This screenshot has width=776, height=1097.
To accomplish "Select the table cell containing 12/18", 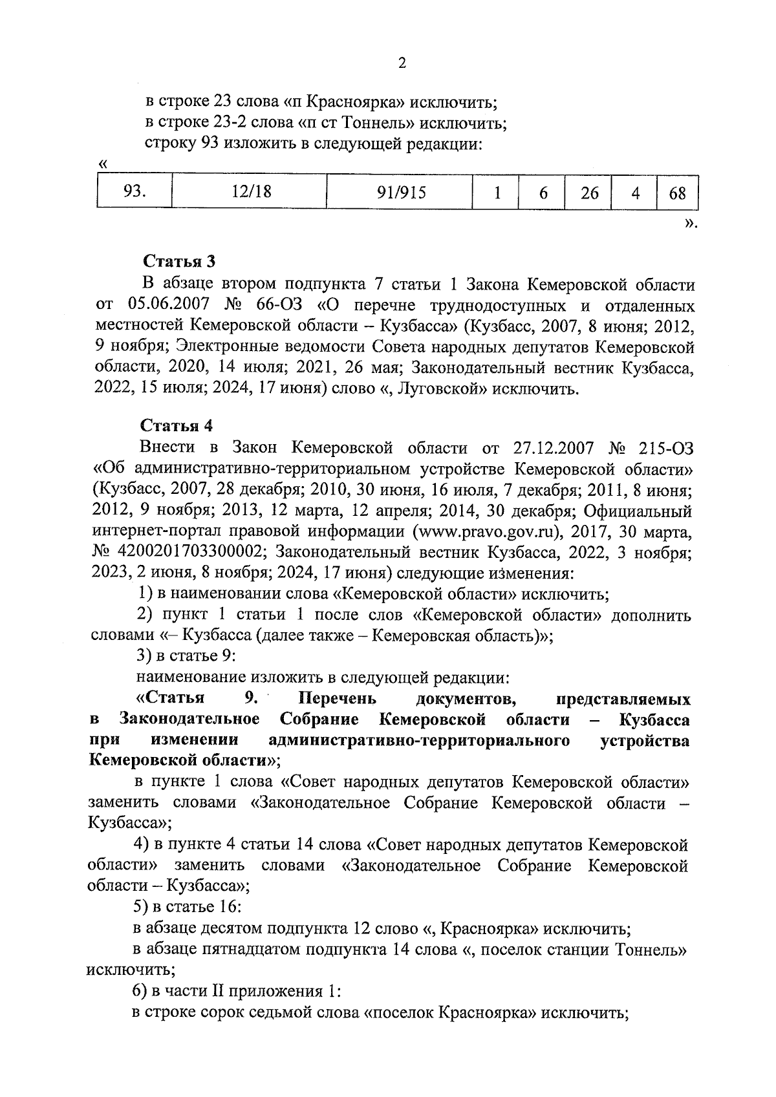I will [x=249, y=192].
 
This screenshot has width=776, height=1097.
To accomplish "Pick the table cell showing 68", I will [x=677, y=193].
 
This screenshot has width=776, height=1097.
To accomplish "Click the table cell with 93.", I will [x=135, y=192].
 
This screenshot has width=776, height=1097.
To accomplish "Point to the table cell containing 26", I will [x=589, y=193].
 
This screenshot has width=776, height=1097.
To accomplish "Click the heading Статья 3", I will [x=178, y=262].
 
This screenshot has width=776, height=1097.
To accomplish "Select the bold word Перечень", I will [x=338, y=699].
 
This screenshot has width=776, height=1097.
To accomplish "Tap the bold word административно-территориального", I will [x=418, y=740].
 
